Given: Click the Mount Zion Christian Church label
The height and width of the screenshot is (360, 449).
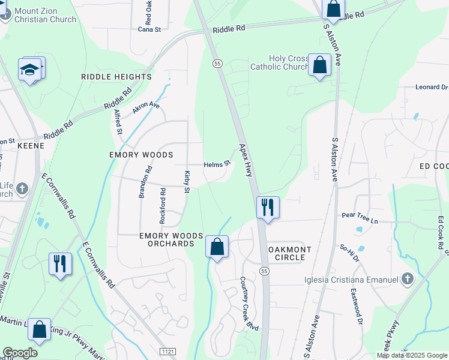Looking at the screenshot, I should point(45,15).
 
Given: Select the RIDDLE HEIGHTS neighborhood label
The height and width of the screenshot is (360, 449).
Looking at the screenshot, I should point(116,77).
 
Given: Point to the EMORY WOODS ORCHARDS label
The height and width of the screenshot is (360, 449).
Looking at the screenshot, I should point(167,239).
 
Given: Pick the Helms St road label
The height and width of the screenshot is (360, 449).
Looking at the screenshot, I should point(217,164).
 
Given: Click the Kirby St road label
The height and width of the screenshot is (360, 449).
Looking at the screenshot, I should point(187,182).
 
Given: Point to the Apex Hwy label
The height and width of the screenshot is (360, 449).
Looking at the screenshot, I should point(246,160).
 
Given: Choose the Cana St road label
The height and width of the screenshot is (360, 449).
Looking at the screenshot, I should point(149,29).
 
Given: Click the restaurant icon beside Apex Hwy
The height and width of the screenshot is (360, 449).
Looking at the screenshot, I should point(268,208).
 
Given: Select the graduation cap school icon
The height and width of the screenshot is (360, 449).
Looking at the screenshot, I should point(30,70).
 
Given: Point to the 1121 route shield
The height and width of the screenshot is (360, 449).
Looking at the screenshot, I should point(167,350).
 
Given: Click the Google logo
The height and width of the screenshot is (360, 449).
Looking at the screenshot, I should point(20,353).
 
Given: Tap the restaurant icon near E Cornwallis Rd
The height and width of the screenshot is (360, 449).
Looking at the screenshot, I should point(60,263).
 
